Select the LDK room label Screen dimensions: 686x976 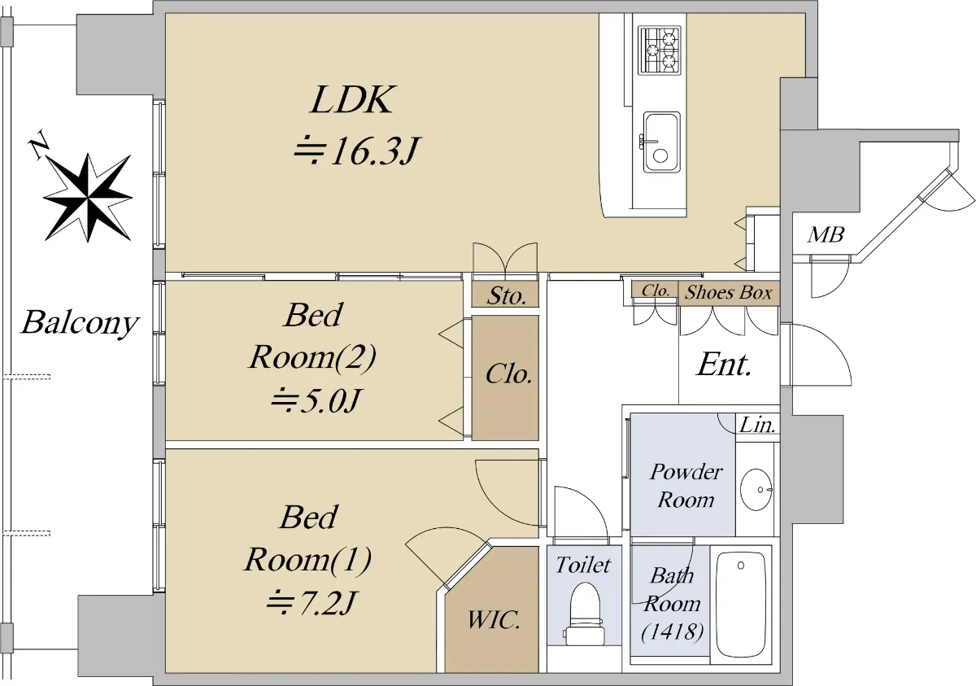351,100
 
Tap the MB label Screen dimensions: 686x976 826,236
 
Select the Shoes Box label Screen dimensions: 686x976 728,293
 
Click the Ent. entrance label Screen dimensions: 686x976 724,365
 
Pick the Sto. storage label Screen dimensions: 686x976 507,295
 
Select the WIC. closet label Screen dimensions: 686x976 493,621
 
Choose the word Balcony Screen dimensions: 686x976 79,323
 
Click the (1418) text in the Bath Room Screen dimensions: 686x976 671,631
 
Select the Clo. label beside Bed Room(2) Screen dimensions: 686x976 508,375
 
